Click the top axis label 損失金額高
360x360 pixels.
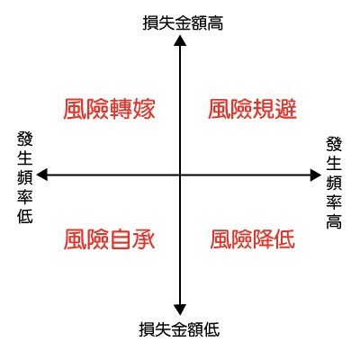pyautogui.click(x=183, y=22)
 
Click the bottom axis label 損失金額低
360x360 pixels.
pyautogui.click(x=179, y=329)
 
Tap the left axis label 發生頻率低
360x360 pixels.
pyautogui.click(x=25, y=177)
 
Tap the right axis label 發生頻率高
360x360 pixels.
pyautogui.click(x=334, y=183)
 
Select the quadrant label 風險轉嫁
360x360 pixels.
pyautogui.click(x=109, y=109)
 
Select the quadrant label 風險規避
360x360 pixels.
pyautogui.click(x=252, y=109)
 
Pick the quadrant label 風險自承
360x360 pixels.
pyautogui.click(x=109, y=239)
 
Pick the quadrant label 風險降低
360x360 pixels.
pyautogui.click(x=252, y=239)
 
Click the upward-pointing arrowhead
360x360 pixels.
pyautogui.click(x=180, y=40)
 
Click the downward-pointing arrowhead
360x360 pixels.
pyautogui.click(x=180, y=310)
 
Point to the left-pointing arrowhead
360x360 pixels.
pyautogui.click(x=42, y=175)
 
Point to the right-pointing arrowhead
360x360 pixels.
pyautogui.click(x=315, y=175)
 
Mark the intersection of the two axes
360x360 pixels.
pyautogui.click(x=180, y=175)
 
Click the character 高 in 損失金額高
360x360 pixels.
pyautogui.click(x=215, y=22)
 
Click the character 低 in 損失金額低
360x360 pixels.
pyautogui.click(x=211, y=329)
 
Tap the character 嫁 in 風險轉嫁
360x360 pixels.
pyautogui.click(x=144, y=109)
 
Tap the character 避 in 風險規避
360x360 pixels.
pyautogui.click(x=285, y=109)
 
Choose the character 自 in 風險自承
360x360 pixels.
pyautogui.click(x=121, y=239)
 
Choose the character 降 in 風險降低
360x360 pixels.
pyautogui.click(x=263, y=239)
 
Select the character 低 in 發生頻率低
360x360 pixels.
pyautogui.click(x=25, y=216)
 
